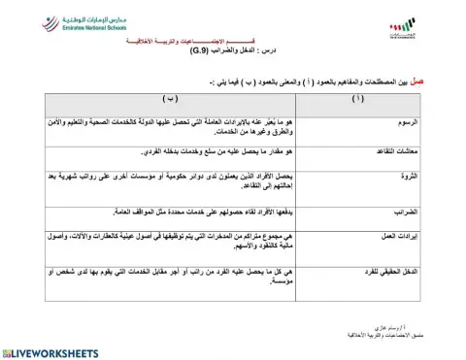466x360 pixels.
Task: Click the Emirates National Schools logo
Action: coord(72,27)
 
